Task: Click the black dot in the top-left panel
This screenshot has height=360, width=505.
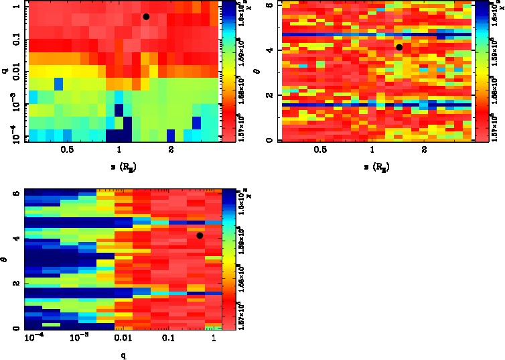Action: (x=146, y=17)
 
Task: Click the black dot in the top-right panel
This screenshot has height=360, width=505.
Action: (x=399, y=47)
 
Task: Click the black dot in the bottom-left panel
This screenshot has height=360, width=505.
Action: (x=200, y=235)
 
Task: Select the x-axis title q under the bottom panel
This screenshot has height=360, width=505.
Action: (x=122, y=355)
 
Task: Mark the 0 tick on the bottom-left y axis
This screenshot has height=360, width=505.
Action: (x=15, y=328)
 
